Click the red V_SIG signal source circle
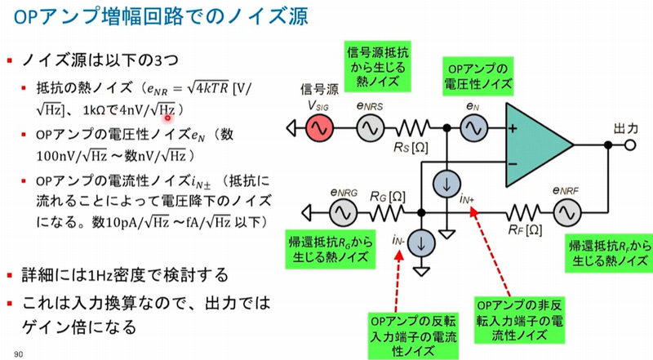pyautogui.click(x=318, y=128)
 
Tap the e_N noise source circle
pyautogui.click(x=472, y=128)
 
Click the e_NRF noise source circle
pyautogui.click(x=564, y=213)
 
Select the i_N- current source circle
pyautogui.click(x=421, y=242)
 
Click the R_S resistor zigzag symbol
pyautogui.click(x=413, y=128)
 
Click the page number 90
pyautogui.click(x=18, y=353)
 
